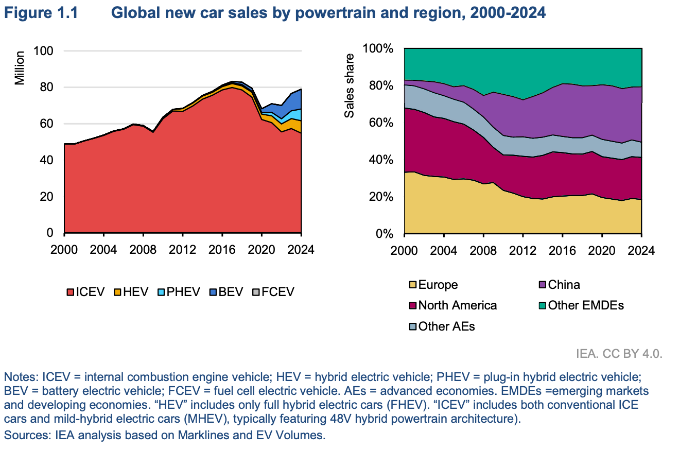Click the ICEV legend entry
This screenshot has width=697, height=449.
coord(86,292)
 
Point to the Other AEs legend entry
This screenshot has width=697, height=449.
coord(441,326)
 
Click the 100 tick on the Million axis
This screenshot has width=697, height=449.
coord(43,51)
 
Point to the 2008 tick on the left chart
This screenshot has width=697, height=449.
coord(143,249)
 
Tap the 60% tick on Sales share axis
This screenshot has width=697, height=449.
coord(379,123)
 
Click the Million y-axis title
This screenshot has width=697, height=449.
coord(19,67)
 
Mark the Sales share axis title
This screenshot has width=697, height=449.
coord(350,85)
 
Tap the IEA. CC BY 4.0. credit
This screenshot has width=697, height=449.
coord(619,354)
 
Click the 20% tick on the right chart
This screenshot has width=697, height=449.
coord(379,197)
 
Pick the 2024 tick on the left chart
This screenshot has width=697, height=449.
coord(302,249)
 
